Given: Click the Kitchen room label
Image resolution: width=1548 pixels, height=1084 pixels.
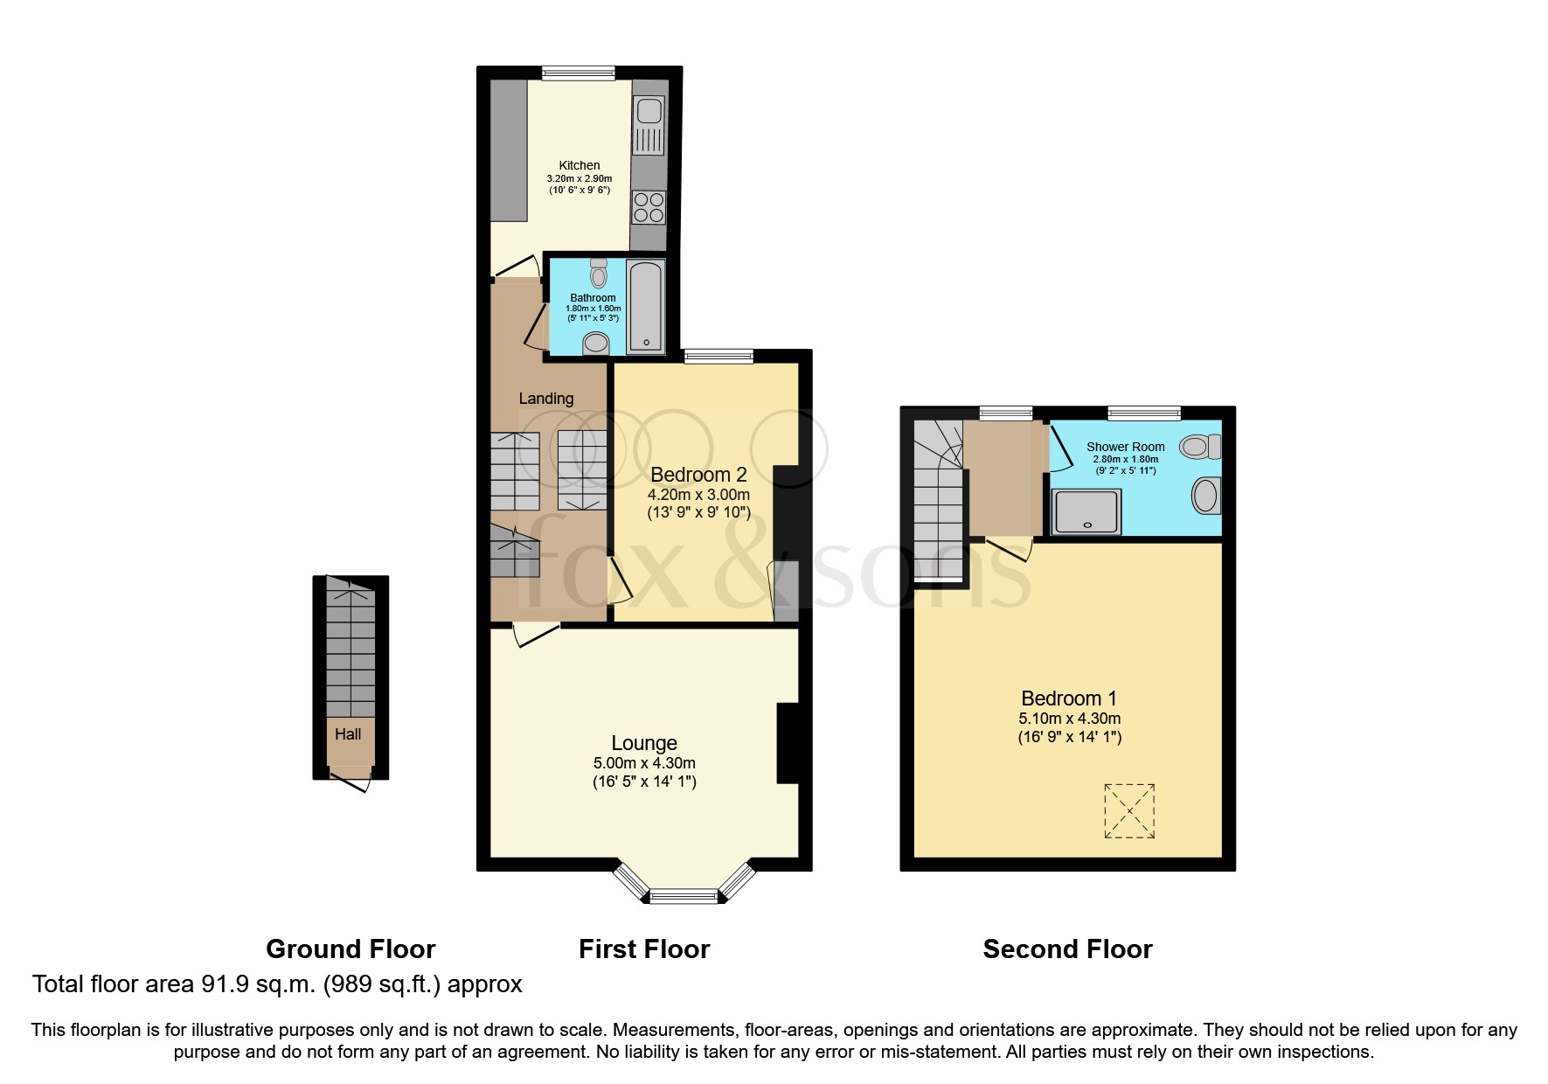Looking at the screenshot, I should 580,165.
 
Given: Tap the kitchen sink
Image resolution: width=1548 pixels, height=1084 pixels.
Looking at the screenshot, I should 649,111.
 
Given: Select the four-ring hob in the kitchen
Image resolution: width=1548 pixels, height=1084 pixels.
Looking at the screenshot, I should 649,208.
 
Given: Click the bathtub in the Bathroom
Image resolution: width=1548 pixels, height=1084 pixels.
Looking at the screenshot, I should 646,305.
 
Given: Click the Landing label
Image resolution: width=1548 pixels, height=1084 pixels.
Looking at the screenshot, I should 546,399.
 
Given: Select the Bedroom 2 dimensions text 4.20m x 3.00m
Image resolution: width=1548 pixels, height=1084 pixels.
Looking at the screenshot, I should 698,495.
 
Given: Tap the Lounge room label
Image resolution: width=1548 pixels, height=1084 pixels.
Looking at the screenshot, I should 644,743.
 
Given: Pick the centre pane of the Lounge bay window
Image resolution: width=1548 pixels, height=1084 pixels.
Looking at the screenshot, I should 684,895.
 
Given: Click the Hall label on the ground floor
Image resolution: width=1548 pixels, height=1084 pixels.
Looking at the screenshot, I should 348,734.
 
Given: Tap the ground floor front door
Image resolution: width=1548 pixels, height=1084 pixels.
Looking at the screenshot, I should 351,781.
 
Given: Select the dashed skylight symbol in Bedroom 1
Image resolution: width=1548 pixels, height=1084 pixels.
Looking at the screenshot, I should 1129,811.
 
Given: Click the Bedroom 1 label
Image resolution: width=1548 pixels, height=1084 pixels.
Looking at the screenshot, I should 1069,698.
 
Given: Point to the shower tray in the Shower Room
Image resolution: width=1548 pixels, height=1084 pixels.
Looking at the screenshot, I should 1087,511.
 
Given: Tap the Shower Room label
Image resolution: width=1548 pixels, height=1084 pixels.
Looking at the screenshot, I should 1126,447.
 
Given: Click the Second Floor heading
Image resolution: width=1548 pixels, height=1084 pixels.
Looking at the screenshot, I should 1067,949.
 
